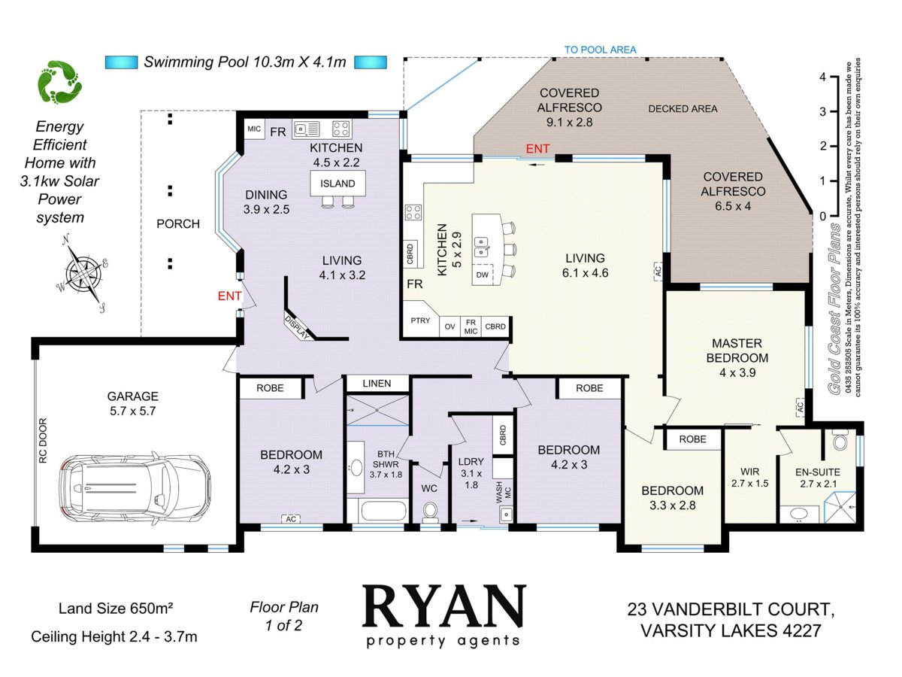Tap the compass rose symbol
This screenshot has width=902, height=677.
[84, 272]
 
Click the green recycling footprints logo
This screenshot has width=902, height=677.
[60, 82]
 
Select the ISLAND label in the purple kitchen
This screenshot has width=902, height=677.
[337, 184]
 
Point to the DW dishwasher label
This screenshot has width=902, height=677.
[482, 275]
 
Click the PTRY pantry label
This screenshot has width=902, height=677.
[420, 320]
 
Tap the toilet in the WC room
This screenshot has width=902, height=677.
[430, 512]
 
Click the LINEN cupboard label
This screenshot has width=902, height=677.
[377, 384]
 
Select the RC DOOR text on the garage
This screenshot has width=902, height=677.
[43, 440]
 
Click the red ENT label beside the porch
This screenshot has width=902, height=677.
[229, 296]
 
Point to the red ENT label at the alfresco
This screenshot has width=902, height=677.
[537, 149]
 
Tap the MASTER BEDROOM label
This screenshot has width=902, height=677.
[737, 351]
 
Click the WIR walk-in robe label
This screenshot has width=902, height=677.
[749, 472]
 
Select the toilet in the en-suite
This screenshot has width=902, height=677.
[840, 440]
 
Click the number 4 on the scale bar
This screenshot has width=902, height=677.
[822, 77]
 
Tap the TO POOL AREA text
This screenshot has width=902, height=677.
[600, 50]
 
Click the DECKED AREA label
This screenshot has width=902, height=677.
[683, 109]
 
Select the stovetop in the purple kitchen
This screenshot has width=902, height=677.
[341, 128]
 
